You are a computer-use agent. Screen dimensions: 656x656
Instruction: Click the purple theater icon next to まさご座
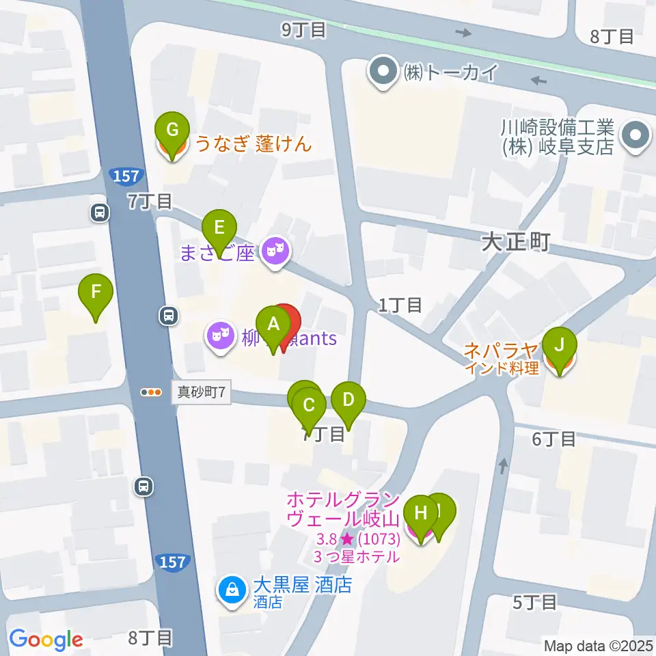(276, 254)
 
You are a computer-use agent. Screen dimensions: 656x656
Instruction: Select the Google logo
(46, 640)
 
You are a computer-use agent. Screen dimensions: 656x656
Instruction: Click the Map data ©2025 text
(599, 645)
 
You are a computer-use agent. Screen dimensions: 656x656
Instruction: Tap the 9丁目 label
(303, 29)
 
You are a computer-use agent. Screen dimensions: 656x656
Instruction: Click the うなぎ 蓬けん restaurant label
(254, 144)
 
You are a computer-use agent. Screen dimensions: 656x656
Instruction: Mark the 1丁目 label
(400, 305)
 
